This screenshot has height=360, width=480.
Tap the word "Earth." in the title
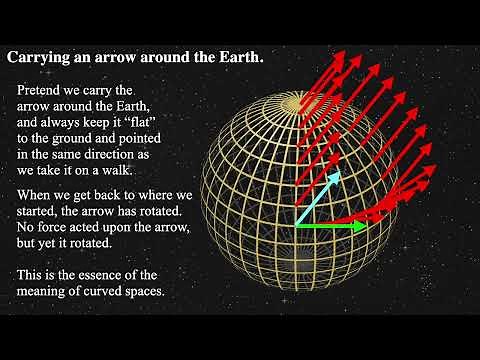240,57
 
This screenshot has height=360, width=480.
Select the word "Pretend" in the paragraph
42,91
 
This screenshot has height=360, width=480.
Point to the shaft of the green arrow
325,226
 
